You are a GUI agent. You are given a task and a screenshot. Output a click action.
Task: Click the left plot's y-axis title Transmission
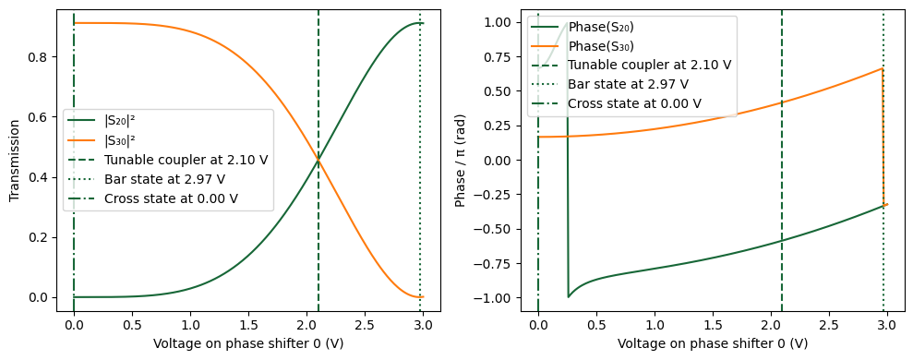14,162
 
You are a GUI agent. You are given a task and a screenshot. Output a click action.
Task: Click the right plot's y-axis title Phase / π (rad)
461,162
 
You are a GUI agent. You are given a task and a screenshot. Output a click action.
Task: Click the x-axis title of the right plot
712,343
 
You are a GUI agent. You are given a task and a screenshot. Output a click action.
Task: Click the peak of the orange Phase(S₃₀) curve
883,68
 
